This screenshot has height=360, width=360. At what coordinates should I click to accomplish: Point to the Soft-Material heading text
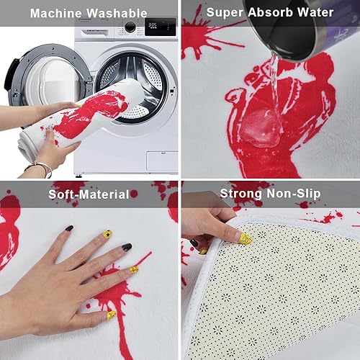pos(89,194)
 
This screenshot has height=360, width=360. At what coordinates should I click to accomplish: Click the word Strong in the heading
pos(243,194)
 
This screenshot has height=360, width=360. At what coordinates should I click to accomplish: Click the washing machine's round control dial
pos(130,27)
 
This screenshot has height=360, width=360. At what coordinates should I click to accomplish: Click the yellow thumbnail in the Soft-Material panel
pos(112,315)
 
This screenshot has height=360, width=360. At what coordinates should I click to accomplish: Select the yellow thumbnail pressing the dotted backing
pos(245,238)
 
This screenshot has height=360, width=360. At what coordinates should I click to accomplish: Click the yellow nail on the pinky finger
pos(133,269)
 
